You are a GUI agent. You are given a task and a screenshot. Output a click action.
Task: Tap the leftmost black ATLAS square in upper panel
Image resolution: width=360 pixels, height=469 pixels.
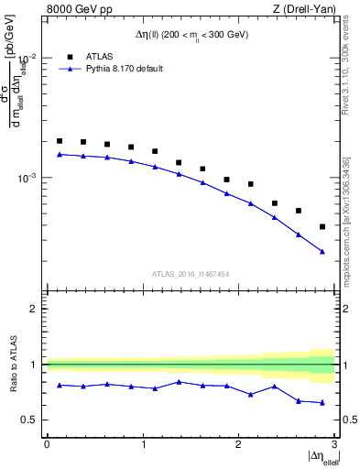pos(60,141)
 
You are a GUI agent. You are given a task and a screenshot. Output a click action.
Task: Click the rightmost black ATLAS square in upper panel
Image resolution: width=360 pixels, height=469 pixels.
pos(322,226)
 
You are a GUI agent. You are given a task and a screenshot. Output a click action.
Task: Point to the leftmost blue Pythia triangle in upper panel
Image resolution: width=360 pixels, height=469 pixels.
pos(60,154)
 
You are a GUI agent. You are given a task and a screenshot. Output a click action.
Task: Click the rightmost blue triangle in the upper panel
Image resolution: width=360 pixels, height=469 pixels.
pos(322,252)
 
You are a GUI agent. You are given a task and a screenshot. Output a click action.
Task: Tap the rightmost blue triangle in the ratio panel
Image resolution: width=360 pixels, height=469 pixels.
pos(322,402)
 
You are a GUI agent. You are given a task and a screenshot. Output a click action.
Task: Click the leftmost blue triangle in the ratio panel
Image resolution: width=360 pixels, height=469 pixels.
pos(60,385)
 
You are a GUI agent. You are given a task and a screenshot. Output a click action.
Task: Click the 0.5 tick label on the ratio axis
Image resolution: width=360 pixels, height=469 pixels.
pos(29,420)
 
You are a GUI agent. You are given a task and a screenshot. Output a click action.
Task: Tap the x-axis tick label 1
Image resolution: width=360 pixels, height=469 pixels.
pos(142,443)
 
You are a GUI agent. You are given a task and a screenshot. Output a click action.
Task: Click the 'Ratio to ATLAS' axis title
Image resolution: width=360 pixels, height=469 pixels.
pos(12,365)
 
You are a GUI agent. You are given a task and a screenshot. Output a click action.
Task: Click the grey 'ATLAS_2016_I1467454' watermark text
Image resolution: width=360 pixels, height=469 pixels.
pos(190,273)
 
